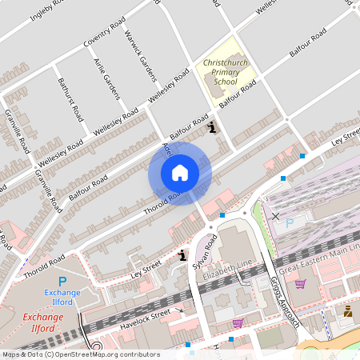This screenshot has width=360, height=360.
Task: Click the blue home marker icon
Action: click(x=179, y=172)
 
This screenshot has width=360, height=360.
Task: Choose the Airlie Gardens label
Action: click(x=106, y=78)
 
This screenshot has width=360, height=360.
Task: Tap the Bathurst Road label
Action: click(x=70, y=98)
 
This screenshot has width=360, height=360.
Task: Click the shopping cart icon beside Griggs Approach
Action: click(x=300, y=283)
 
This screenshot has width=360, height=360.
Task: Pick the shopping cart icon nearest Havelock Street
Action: click(x=237, y=324)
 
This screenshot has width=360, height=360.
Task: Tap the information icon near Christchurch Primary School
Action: click(x=211, y=126)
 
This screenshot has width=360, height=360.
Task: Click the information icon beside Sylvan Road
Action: click(x=182, y=256)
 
